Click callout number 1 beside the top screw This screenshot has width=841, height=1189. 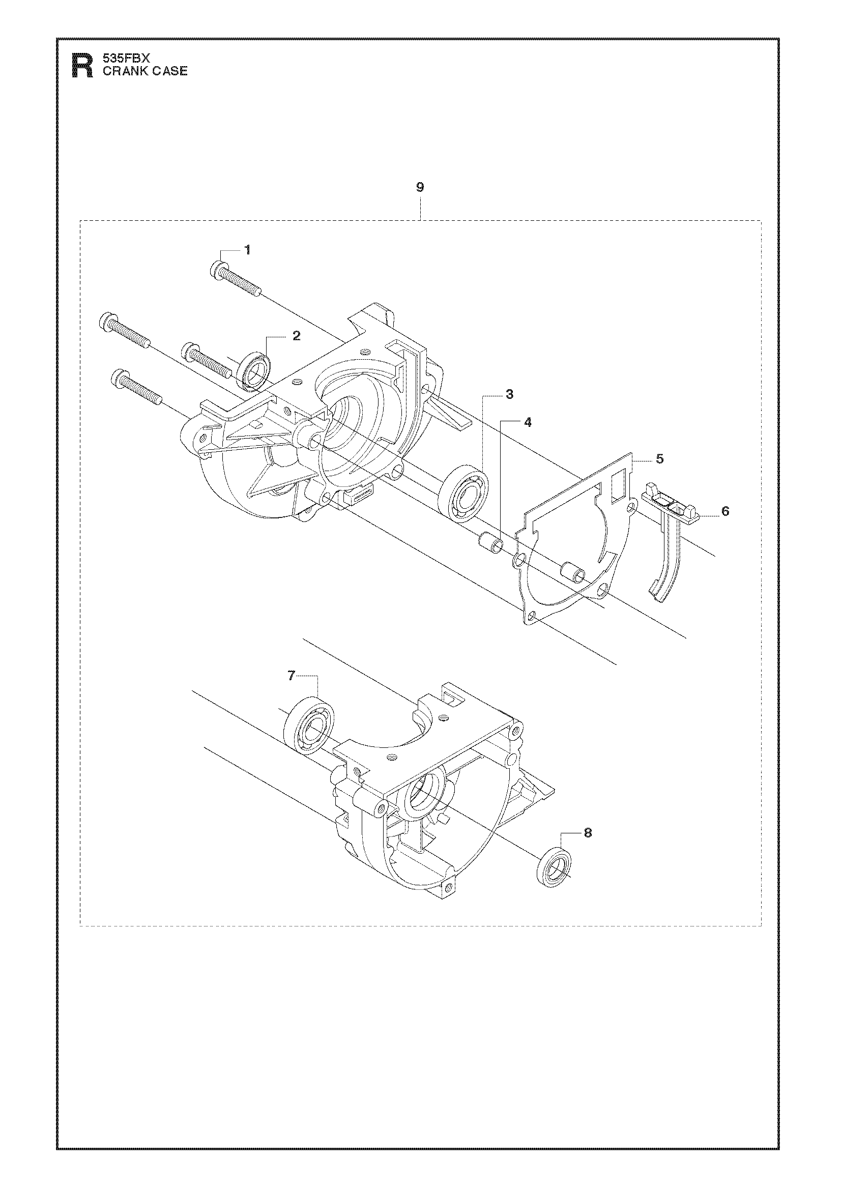248,250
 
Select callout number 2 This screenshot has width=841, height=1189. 296,336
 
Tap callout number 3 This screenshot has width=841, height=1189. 510,395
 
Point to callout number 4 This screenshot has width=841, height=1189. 528,422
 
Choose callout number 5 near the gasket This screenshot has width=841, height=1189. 659,459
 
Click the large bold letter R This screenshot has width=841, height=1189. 82,66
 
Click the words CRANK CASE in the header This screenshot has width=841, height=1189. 145,71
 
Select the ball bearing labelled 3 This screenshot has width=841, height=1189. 461,489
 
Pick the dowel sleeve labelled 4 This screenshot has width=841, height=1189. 491,544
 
